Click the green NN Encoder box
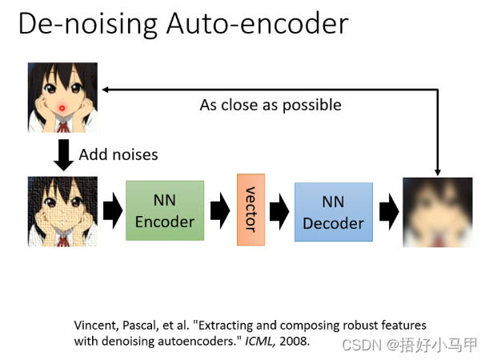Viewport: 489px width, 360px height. click(x=165, y=210)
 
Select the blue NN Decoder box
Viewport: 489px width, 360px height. click(x=333, y=212)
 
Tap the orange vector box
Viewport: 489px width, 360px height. click(x=251, y=209)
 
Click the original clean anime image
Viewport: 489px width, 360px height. click(x=62, y=97)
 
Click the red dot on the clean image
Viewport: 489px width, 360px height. click(x=62, y=107)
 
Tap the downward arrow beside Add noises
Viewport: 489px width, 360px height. click(x=62, y=154)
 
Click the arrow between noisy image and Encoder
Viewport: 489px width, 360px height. click(x=111, y=211)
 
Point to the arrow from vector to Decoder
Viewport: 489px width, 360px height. click(x=279, y=211)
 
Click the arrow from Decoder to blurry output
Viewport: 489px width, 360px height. click(x=388, y=211)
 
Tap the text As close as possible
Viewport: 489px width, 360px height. click(x=271, y=105)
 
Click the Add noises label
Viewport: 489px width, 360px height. click(x=118, y=154)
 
